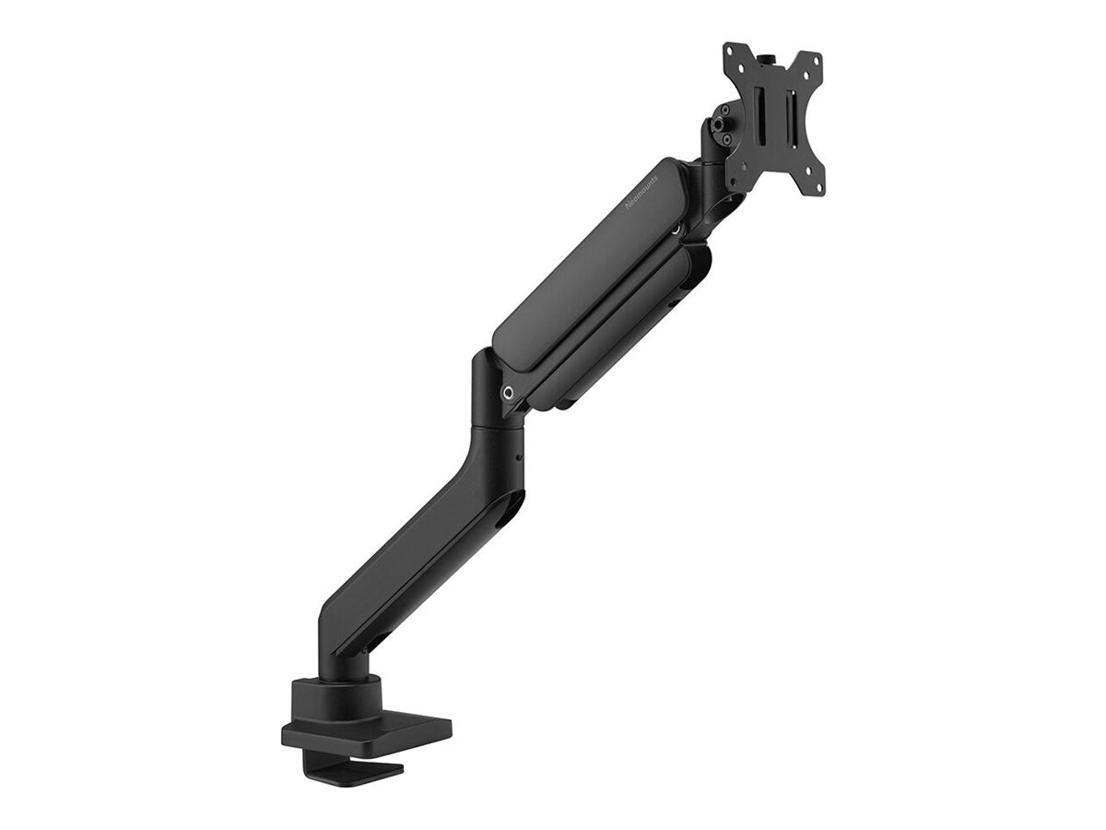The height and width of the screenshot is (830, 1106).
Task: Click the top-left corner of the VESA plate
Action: pyautogui.click(x=728, y=47)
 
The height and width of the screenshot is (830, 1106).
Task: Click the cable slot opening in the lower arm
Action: pyautogui.click(x=505, y=517)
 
